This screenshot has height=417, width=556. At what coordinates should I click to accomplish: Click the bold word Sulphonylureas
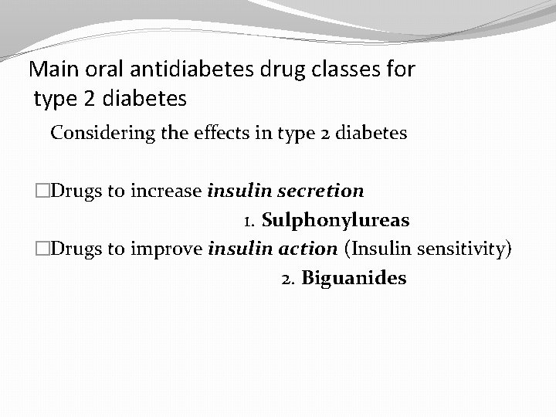[x=336, y=221]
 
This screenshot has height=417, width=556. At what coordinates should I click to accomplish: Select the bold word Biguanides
[x=354, y=278]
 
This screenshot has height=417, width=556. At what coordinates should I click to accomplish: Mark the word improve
[x=171, y=249]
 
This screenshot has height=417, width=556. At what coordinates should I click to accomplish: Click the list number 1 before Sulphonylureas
[x=249, y=222]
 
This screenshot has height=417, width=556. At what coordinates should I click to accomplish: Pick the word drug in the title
[x=274, y=70]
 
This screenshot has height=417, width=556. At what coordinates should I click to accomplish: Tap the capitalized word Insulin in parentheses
[x=381, y=249]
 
